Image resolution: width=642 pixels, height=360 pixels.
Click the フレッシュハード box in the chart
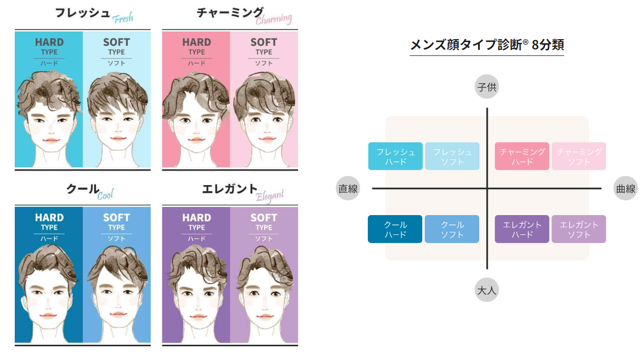(395, 156)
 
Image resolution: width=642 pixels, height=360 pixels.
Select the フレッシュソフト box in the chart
(452, 156)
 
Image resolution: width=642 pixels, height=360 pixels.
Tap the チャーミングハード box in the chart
(522, 156)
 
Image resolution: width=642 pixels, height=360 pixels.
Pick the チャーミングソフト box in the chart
(579, 156)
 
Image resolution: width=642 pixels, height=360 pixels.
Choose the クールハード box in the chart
(395, 229)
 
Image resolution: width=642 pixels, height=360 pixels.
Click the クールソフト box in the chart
(452, 229)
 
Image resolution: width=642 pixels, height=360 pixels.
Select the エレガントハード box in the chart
(522, 229)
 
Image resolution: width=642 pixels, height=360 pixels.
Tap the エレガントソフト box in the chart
(579, 229)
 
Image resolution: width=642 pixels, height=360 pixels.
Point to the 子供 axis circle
(487, 86)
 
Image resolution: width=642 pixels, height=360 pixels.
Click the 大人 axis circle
(487, 290)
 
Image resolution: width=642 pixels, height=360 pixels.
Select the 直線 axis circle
(348, 188)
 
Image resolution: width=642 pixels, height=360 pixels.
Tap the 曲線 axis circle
(626, 188)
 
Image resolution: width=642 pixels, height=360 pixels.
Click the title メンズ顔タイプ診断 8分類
(487, 45)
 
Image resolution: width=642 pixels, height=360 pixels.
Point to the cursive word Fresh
(123, 18)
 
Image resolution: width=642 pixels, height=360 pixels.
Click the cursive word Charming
(274, 19)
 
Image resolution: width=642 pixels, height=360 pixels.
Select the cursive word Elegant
(270, 196)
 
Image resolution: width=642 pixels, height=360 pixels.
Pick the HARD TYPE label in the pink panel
(196, 46)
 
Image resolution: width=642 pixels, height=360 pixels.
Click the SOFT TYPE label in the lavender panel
(264, 222)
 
